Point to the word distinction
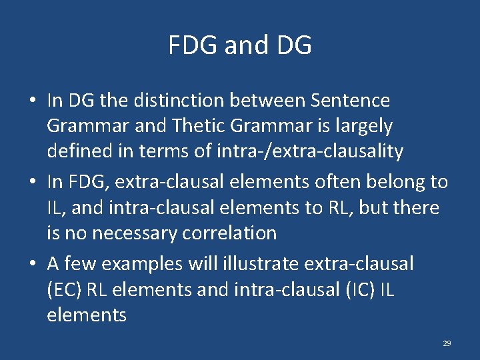175,101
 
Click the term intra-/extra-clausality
310,151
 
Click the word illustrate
259,263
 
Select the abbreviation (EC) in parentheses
66,289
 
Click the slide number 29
447,343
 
